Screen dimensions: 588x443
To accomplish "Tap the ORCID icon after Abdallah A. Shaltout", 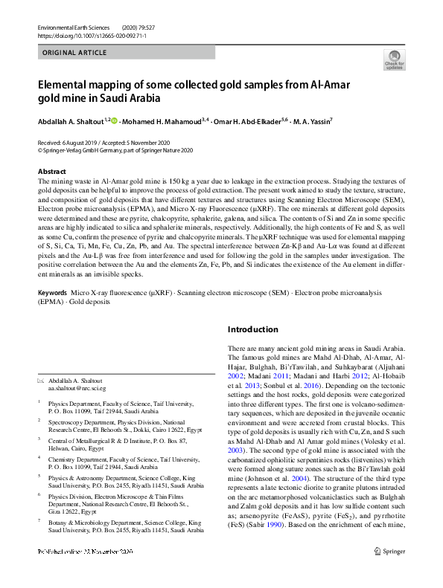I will tap(114, 120).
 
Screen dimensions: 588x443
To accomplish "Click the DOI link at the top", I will tap(83, 35).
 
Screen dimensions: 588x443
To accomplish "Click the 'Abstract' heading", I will tap(51, 172).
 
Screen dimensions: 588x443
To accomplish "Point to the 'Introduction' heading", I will tap(252, 329).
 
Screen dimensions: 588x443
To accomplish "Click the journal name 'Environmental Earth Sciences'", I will tap(74, 27).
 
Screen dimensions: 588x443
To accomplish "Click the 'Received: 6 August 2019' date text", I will tap(71, 142).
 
